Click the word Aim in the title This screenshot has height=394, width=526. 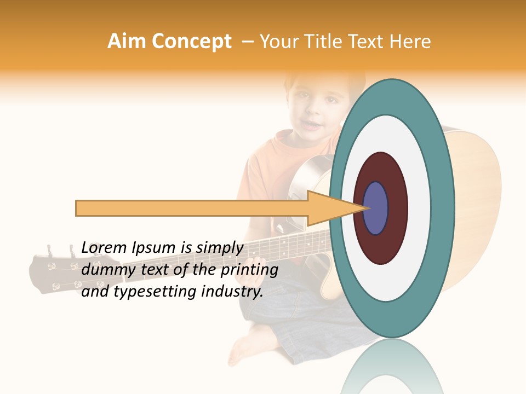coord(127,42)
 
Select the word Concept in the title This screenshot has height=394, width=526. coord(191,42)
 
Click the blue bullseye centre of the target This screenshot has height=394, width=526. coord(376,208)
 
